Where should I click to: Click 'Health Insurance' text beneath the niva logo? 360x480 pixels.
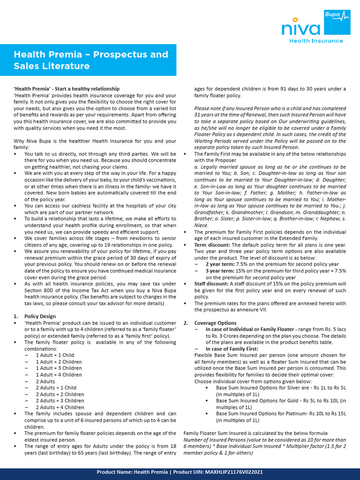[316, 41]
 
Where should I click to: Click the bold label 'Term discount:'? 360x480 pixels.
[212, 245]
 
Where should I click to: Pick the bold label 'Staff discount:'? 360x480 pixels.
[212, 284]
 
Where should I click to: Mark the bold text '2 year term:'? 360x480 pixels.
[220, 264]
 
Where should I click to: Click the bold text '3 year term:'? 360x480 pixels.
[220, 271]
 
